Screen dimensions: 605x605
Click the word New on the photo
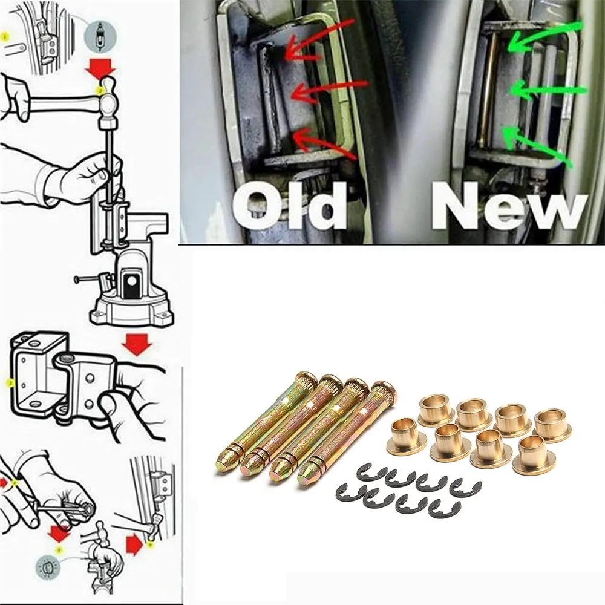click(509, 206)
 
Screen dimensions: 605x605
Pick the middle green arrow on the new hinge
click(548, 90)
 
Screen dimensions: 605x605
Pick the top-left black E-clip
click(371, 473)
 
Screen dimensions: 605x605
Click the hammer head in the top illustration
click(108, 100)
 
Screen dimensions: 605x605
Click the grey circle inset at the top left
click(100, 37)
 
